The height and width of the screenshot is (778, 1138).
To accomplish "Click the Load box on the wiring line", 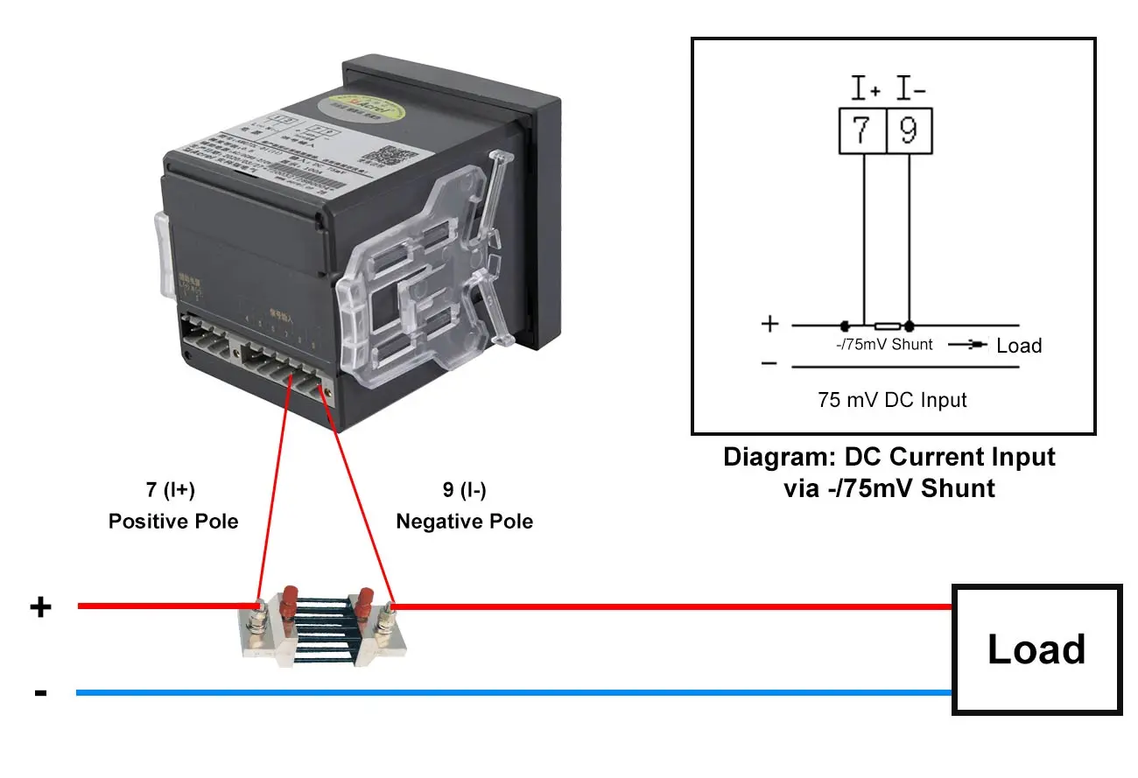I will tap(1036, 649).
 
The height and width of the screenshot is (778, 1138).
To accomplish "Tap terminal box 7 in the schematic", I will tap(862, 131).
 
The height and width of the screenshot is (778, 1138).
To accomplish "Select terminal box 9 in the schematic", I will tap(910, 131).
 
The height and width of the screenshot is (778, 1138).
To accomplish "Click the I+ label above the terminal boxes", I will tap(866, 88).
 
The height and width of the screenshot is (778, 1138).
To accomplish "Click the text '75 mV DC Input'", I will tap(892, 400).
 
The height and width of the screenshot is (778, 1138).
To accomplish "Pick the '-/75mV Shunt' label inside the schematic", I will tap(884, 345).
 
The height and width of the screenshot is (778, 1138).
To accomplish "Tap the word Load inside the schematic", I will tap(1019, 345).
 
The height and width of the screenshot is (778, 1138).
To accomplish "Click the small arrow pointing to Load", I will tap(967, 344).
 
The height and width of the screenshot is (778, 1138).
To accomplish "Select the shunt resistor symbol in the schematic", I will tap(888, 325).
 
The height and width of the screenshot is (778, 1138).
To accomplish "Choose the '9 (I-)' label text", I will tap(464, 490).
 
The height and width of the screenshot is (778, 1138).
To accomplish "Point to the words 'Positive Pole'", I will tap(173, 522).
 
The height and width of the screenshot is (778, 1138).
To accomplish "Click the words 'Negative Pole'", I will tap(464, 522).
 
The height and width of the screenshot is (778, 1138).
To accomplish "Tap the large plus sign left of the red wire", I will tap(41, 606).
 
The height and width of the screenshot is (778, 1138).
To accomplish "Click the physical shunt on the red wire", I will tap(324, 626).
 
